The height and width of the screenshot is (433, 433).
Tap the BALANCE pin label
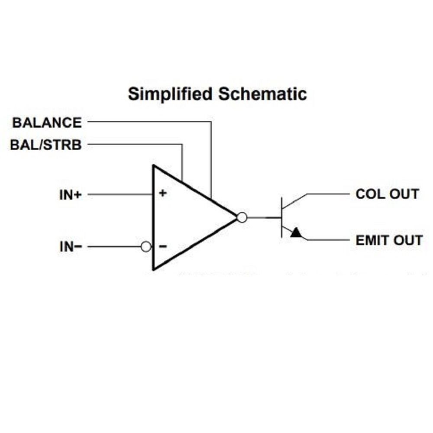click(47, 123)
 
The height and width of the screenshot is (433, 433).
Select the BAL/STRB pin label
click(46, 145)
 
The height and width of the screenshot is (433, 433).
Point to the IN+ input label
click(70, 195)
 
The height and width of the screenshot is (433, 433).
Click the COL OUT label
click(387, 194)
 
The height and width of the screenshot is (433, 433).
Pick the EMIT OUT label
click(389, 240)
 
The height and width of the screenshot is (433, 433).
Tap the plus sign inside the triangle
click(162, 193)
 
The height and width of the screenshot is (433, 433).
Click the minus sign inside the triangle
click(162, 247)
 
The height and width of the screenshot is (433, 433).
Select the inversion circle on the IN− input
click(146, 247)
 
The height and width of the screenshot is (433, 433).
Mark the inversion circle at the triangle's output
click(242, 217)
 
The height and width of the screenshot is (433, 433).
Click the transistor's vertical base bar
click(281, 217)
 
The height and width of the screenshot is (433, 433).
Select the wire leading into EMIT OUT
click(329, 239)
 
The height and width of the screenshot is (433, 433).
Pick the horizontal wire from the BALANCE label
click(147, 122)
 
